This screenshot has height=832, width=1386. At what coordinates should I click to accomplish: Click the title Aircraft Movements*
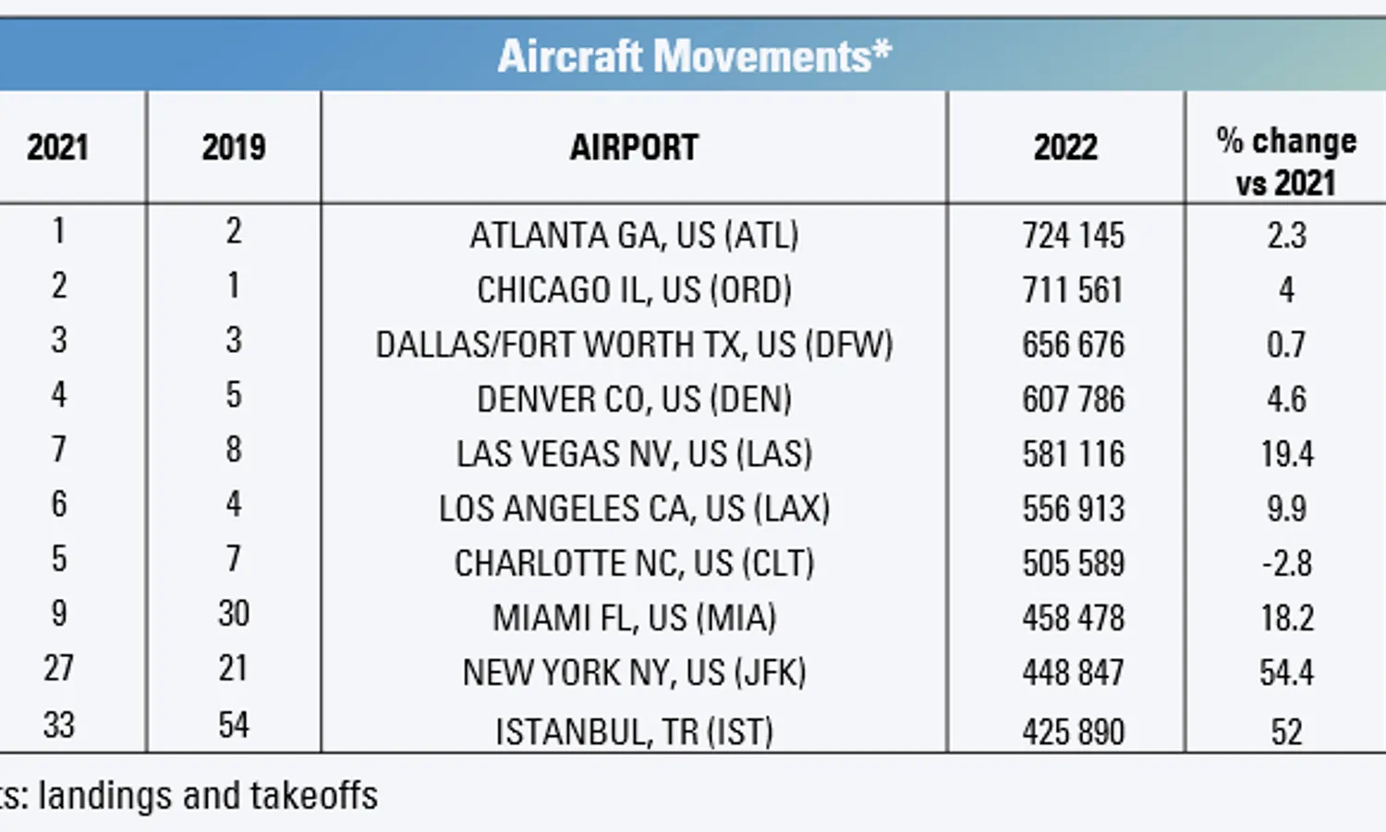tap(695, 55)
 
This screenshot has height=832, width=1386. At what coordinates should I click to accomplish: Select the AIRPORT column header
tap(634, 147)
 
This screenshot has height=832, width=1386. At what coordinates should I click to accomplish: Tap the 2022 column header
tap(1065, 147)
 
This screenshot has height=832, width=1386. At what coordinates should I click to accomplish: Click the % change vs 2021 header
tap(1286, 162)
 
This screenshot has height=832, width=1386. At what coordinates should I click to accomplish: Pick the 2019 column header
tap(234, 147)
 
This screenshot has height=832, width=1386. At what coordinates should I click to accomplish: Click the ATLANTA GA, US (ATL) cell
tap(634, 236)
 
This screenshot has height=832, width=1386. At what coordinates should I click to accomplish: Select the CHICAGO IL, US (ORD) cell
tap(634, 290)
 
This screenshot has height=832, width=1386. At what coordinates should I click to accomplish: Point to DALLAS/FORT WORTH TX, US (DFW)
tap(634, 345)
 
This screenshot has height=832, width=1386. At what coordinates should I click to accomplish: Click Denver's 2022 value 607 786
tap(1073, 399)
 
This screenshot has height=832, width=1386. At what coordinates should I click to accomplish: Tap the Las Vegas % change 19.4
tap(1287, 454)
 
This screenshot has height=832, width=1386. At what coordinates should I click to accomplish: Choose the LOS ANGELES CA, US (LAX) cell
tap(634, 508)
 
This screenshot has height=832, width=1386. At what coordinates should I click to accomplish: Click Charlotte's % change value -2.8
tap(1287, 563)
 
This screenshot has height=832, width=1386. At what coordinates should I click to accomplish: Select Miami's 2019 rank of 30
tap(234, 614)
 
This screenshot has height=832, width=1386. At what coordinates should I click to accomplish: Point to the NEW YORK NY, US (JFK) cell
tap(634, 672)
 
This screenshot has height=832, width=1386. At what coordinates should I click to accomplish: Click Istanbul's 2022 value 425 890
tap(1073, 732)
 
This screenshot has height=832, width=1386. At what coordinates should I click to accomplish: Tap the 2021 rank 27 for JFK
tap(59, 668)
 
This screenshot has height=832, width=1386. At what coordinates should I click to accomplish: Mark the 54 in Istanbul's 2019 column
tap(234, 725)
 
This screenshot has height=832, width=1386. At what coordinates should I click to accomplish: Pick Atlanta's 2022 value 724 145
tap(1073, 236)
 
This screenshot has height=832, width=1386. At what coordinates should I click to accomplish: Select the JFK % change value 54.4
tap(1287, 672)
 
